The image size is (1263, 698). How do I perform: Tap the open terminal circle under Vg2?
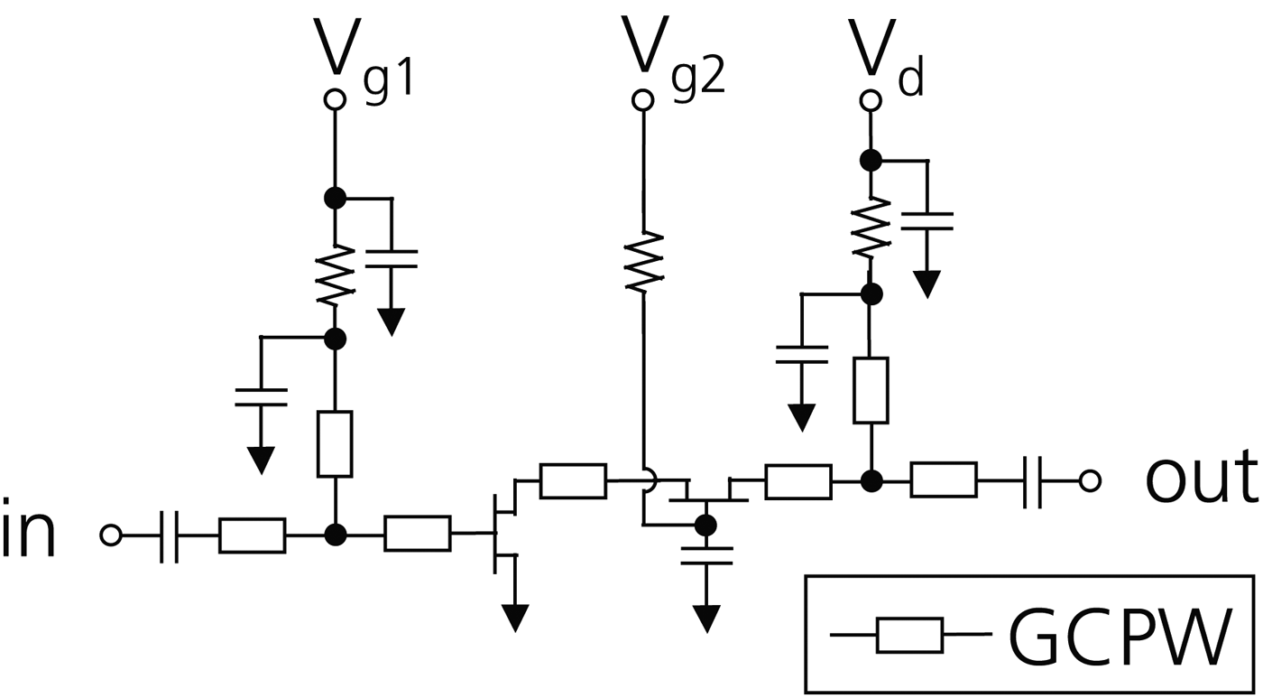click(x=642, y=99)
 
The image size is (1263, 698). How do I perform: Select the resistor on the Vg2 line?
click(x=643, y=261)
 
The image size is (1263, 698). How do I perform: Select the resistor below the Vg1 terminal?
click(x=335, y=276)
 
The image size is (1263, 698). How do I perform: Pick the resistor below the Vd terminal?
click(x=870, y=228)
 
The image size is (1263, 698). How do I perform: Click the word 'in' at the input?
click(x=29, y=534)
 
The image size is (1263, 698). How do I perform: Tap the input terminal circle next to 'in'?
click(x=110, y=535)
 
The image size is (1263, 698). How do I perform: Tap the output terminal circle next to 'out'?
click(x=1090, y=480)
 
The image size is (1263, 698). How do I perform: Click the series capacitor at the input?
click(x=169, y=535)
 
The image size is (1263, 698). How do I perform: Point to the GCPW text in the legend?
click(x=1118, y=636)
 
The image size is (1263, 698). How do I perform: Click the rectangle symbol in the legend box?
click(x=909, y=636)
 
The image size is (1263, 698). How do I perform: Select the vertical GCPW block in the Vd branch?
click(x=870, y=390)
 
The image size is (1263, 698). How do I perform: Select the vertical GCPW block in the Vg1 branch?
click(x=335, y=443)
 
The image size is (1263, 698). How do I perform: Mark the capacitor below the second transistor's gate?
click(x=705, y=554)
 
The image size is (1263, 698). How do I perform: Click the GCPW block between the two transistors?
click(x=573, y=480)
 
